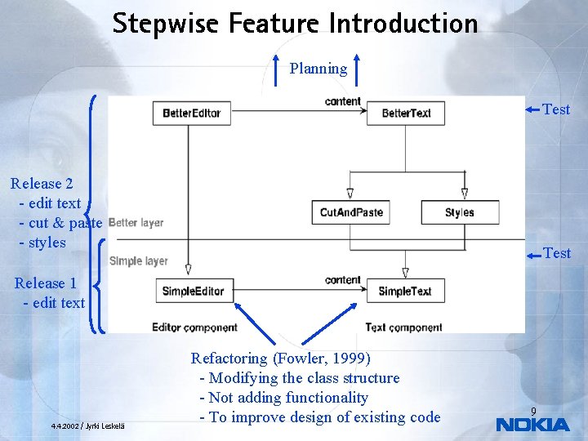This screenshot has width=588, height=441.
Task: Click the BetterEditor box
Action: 192,113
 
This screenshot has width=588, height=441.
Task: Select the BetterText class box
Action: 406,113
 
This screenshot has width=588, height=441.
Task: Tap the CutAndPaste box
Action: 351,212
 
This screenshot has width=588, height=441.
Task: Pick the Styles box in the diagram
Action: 459,212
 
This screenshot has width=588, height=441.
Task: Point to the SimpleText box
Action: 405,291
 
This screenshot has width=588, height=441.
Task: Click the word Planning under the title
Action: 318,69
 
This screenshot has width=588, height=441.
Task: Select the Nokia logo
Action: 532,425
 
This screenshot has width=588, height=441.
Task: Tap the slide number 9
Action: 533,411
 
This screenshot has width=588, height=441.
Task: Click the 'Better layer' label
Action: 136,222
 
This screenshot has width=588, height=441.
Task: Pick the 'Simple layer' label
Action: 138,261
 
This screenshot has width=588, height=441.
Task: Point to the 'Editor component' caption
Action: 194,327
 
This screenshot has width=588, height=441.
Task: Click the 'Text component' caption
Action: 403,327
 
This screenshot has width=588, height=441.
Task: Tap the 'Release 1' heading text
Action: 46,283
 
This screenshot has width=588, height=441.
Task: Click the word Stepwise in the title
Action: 167,23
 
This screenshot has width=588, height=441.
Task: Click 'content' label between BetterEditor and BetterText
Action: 342,101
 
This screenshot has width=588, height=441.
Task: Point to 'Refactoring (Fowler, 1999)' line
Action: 280,358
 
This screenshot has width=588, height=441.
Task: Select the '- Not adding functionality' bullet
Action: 283,398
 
